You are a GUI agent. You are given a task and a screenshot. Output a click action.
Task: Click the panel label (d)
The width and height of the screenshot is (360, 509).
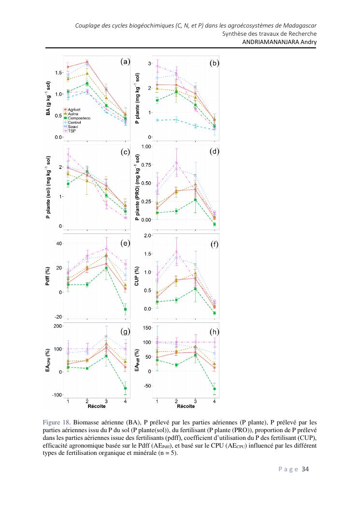pos(214,151)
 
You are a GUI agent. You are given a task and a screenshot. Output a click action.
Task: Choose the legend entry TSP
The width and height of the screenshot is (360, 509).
pos(72,131)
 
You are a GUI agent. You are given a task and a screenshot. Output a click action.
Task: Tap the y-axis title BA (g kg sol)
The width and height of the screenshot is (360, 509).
pos(48,99)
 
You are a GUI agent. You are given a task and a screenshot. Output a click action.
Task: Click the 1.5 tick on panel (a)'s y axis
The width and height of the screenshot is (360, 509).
pos(58,73)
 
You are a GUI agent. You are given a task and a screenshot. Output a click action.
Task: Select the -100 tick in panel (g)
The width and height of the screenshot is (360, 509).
pos(56,395)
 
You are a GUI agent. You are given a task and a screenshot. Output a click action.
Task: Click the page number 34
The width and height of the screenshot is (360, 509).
pos(305,469)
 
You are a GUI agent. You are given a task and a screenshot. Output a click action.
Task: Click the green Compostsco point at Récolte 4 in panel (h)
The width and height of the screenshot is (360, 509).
pos(214,389)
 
